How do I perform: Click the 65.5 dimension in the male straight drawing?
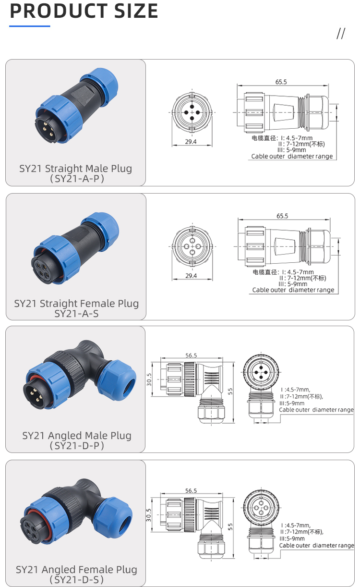[281, 82]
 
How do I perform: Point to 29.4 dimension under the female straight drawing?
[191, 276]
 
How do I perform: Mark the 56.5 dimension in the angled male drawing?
[191, 355]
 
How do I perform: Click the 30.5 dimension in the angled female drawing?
[149, 514]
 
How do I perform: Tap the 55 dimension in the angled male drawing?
[231, 391]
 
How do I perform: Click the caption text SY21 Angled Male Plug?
[77, 436]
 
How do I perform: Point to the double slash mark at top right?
[341, 34]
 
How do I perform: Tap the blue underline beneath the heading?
[30, 26]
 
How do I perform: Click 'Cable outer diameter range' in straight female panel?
[293, 290]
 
